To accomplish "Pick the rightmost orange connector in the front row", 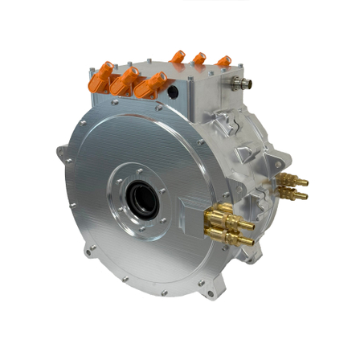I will [152, 84].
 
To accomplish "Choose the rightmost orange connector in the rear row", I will [223, 62].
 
